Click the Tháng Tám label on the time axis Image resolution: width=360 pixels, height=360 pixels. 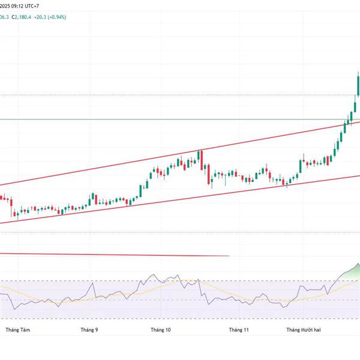(x=17, y=329)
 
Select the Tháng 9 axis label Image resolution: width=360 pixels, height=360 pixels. (x=89, y=329)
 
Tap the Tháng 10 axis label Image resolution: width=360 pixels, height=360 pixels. (x=160, y=329)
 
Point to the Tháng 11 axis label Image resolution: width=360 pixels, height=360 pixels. (x=238, y=329)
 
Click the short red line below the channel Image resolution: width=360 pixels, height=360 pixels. (x=120, y=254)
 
